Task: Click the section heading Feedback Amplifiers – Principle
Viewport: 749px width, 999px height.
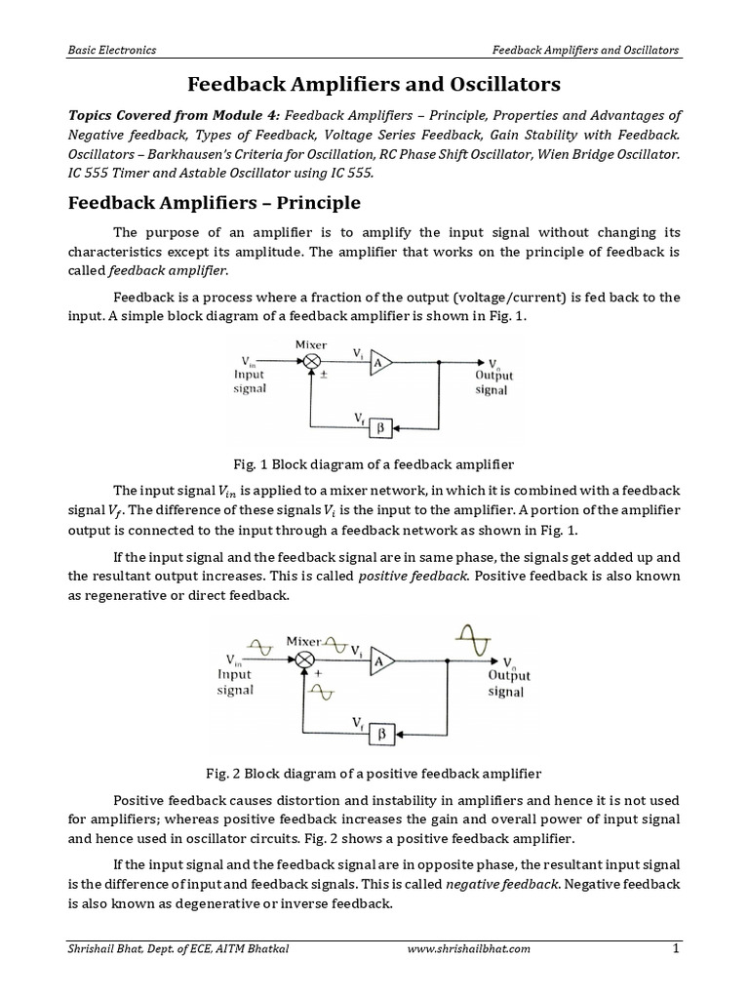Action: [x=213, y=203]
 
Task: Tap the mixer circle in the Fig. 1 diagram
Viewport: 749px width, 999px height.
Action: [x=312, y=361]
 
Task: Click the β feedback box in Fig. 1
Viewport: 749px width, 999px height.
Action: [x=382, y=425]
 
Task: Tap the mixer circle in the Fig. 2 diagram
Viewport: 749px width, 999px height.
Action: [x=305, y=660]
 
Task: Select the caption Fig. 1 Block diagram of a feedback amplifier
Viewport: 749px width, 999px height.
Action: [x=374, y=464]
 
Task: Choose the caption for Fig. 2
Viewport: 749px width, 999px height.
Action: [x=374, y=773]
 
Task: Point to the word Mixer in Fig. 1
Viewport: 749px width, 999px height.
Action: [x=310, y=343]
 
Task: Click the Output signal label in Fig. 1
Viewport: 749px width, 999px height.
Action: [x=493, y=382]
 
